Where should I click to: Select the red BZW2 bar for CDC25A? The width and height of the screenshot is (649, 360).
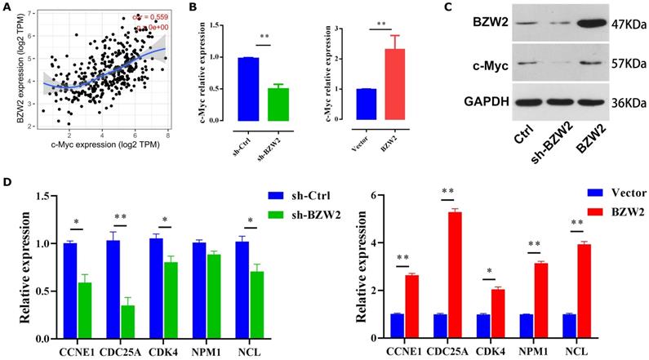coord(452,274)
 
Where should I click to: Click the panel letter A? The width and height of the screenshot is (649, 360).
coord(7,8)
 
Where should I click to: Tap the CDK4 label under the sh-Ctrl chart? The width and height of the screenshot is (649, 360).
coord(165,349)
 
